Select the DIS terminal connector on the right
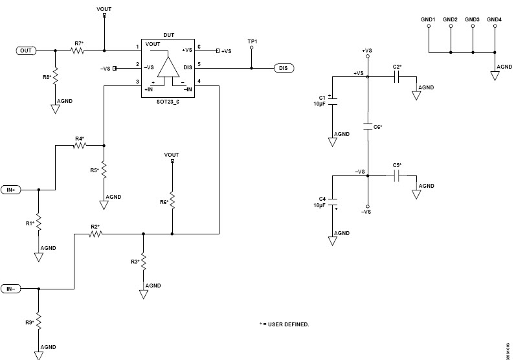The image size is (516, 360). tap(284, 67)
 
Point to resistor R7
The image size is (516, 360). tap(78, 50)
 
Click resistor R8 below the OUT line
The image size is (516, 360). tap(56, 76)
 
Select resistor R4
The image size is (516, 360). tap(79, 146)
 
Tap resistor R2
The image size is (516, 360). tap(95, 234)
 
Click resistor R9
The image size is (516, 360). tap(38, 321)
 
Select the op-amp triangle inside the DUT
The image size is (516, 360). tap(169, 68)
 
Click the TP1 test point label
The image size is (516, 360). tap(252, 42)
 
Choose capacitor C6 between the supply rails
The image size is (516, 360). tap(368, 124)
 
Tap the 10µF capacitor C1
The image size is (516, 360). tap(332, 102)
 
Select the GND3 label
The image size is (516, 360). tap(473, 20)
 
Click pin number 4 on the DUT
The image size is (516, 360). tap(199, 82)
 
